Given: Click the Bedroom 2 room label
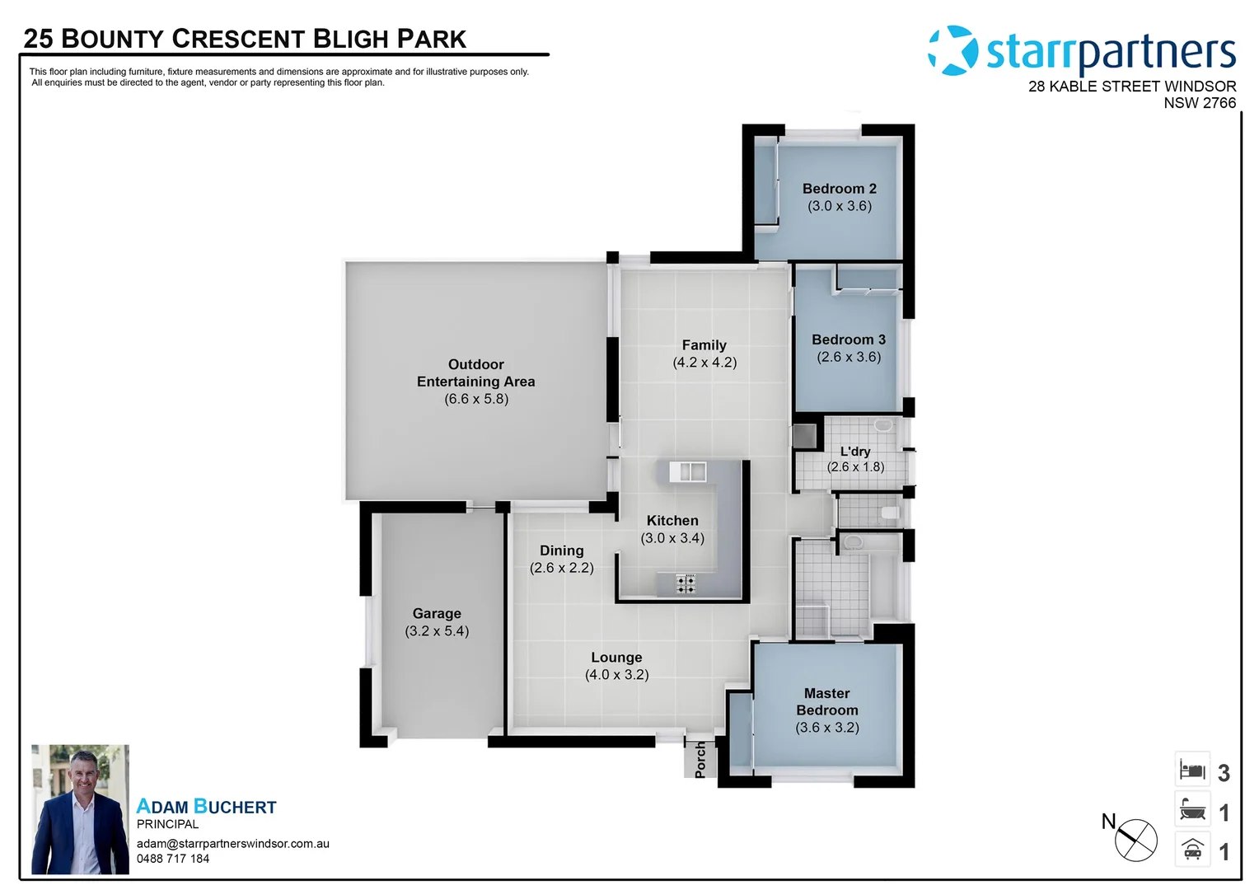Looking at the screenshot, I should coord(839,189).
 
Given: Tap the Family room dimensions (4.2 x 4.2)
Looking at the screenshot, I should coord(704,363).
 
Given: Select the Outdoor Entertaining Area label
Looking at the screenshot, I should coord(475,373).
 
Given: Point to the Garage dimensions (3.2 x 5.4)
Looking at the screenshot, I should coord(437,631).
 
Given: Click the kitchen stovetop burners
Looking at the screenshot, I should coord(686,583).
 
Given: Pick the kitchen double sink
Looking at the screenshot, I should coord(687,471).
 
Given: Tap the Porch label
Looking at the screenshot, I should coord(700,760).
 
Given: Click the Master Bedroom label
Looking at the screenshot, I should coord(827,702).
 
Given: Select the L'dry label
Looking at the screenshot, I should coord(855,452).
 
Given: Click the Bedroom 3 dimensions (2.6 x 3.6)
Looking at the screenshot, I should coord(849,357).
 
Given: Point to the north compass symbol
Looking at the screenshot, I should coord(1135,841).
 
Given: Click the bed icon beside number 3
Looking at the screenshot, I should coord(1192,770).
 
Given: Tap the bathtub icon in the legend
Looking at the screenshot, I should coord(1192,810).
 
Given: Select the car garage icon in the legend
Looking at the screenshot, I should coord(1192,850).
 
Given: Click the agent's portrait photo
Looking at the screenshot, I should coord(80,809).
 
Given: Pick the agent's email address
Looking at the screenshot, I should coord(233,844).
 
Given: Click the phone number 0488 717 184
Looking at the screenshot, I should coord(173,859).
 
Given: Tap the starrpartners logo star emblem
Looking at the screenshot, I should coord(953,50).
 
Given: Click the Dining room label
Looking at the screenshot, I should coord(561,550).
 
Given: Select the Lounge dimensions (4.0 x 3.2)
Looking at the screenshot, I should coord(616,675).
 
